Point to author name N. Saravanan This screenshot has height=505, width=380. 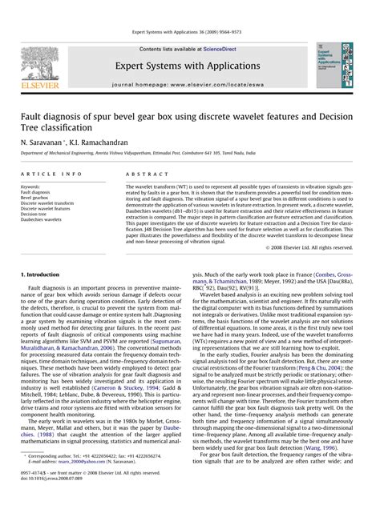click(x=41, y=139)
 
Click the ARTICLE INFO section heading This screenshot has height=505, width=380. click(x=51, y=173)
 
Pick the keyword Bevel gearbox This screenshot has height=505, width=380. click(x=36, y=198)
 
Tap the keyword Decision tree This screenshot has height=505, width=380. click(x=34, y=214)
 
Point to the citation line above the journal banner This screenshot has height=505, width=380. click(x=190, y=33)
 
